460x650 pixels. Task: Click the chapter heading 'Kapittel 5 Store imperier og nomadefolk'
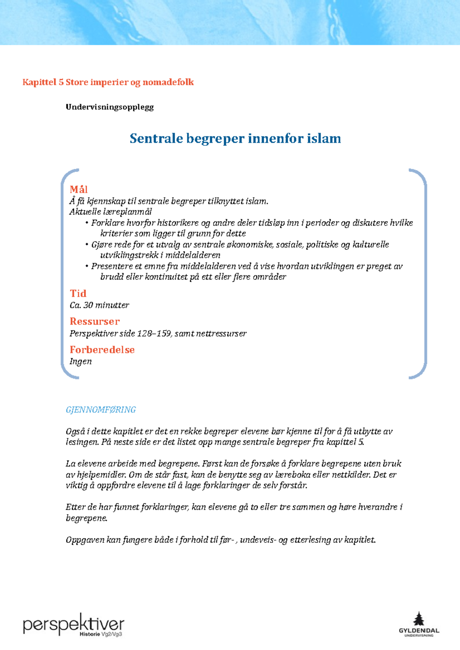point(108,82)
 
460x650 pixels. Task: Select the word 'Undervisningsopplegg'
point(110,107)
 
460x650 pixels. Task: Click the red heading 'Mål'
point(79,189)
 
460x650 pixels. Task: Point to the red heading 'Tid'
point(78,294)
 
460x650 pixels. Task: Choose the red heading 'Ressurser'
point(95,322)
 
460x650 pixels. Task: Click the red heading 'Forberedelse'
point(102,350)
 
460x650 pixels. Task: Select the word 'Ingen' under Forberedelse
point(80,361)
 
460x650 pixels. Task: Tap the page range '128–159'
point(154,333)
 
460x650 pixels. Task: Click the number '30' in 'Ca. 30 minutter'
point(88,305)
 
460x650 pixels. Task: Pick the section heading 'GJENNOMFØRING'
point(101,410)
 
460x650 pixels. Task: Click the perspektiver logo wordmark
point(74,625)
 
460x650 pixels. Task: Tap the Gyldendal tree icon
point(419,619)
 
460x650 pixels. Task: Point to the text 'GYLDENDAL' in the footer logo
point(419,630)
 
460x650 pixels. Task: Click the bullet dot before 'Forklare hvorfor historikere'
point(87,223)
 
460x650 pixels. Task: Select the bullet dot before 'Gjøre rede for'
point(87,245)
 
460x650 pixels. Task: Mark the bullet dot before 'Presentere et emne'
point(87,266)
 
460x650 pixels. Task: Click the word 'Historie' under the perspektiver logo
point(90,634)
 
